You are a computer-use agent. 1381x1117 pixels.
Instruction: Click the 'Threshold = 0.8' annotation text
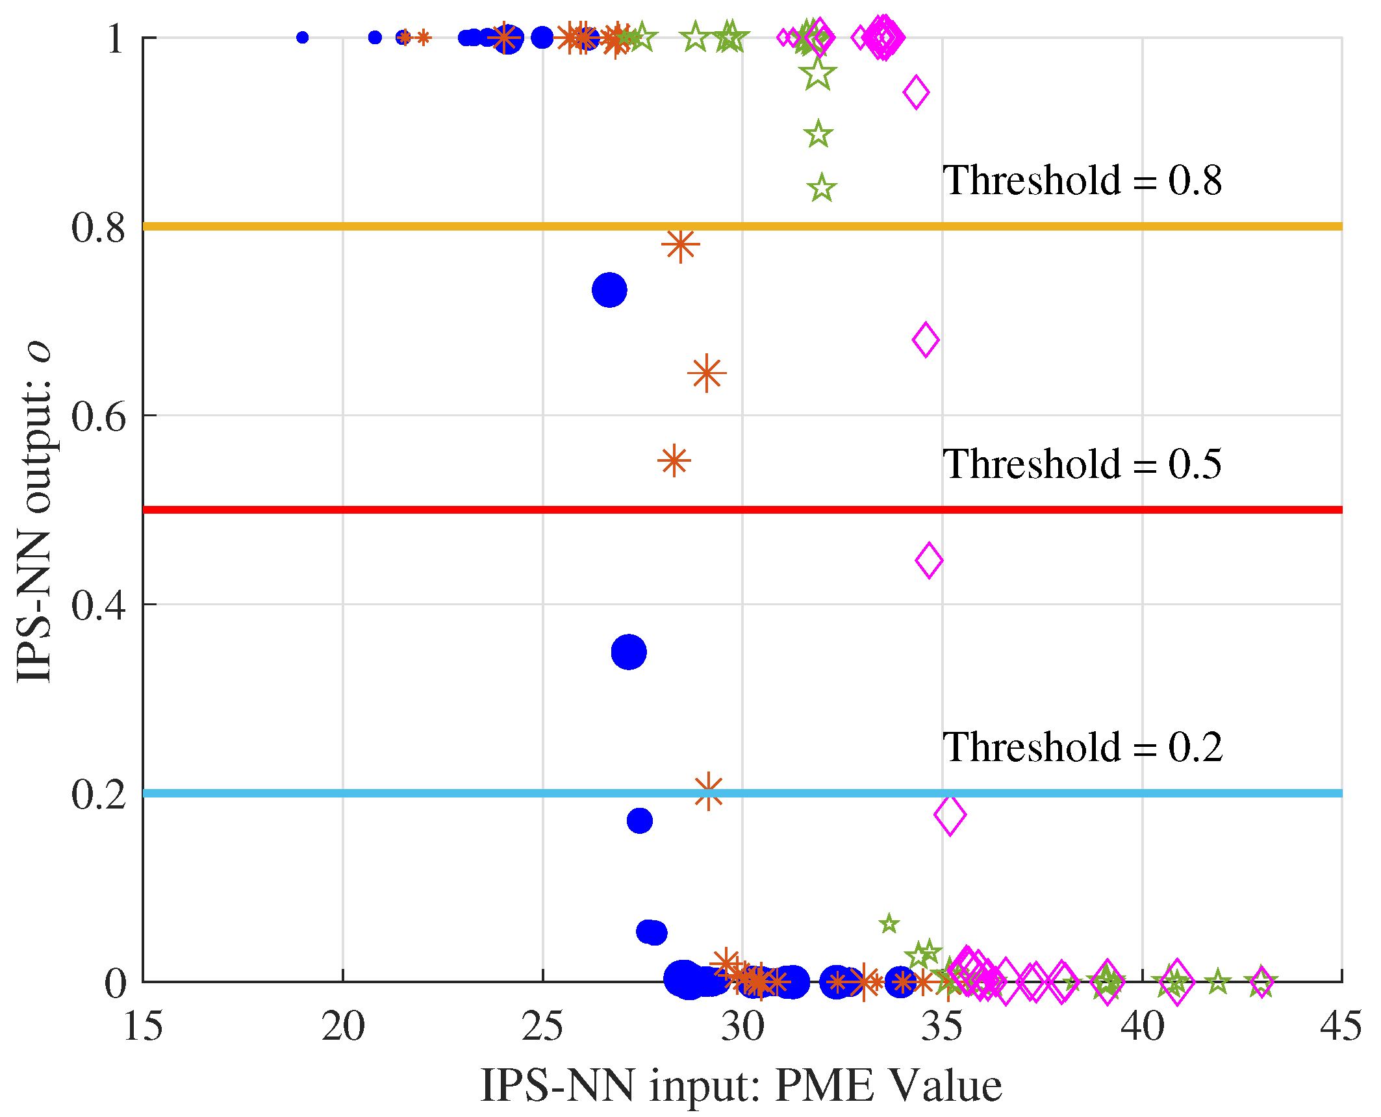[x=1082, y=181]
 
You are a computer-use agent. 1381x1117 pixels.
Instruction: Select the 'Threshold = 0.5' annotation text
[x=1082, y=464]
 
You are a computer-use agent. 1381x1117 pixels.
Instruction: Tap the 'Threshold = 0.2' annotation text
[x=1082, y=747]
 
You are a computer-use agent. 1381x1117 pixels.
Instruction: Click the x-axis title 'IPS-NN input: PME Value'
[x=741, y=1086]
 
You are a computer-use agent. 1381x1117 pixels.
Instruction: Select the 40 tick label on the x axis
[x=1142, y=1027]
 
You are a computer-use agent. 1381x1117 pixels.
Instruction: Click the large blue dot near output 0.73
[x=609, y=290]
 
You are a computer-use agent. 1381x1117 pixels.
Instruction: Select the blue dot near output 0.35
[x=628, y=652]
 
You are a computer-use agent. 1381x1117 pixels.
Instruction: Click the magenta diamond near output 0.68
[x=926, y=339]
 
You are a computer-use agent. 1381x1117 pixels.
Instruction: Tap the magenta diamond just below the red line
[x=929, y=560]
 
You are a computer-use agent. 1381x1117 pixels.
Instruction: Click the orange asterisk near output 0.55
[x=674, y=460]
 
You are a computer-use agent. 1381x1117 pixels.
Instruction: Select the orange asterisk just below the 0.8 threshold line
[x=680, y=245]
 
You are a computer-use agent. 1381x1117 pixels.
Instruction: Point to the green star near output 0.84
[x=822, y=188]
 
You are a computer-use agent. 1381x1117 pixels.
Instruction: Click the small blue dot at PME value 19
[x=302, y=38]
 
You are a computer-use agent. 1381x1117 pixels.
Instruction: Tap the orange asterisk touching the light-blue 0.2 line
[x=708, y=792]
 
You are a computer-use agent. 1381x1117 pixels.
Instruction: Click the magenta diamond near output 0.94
[x=916, y=92]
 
